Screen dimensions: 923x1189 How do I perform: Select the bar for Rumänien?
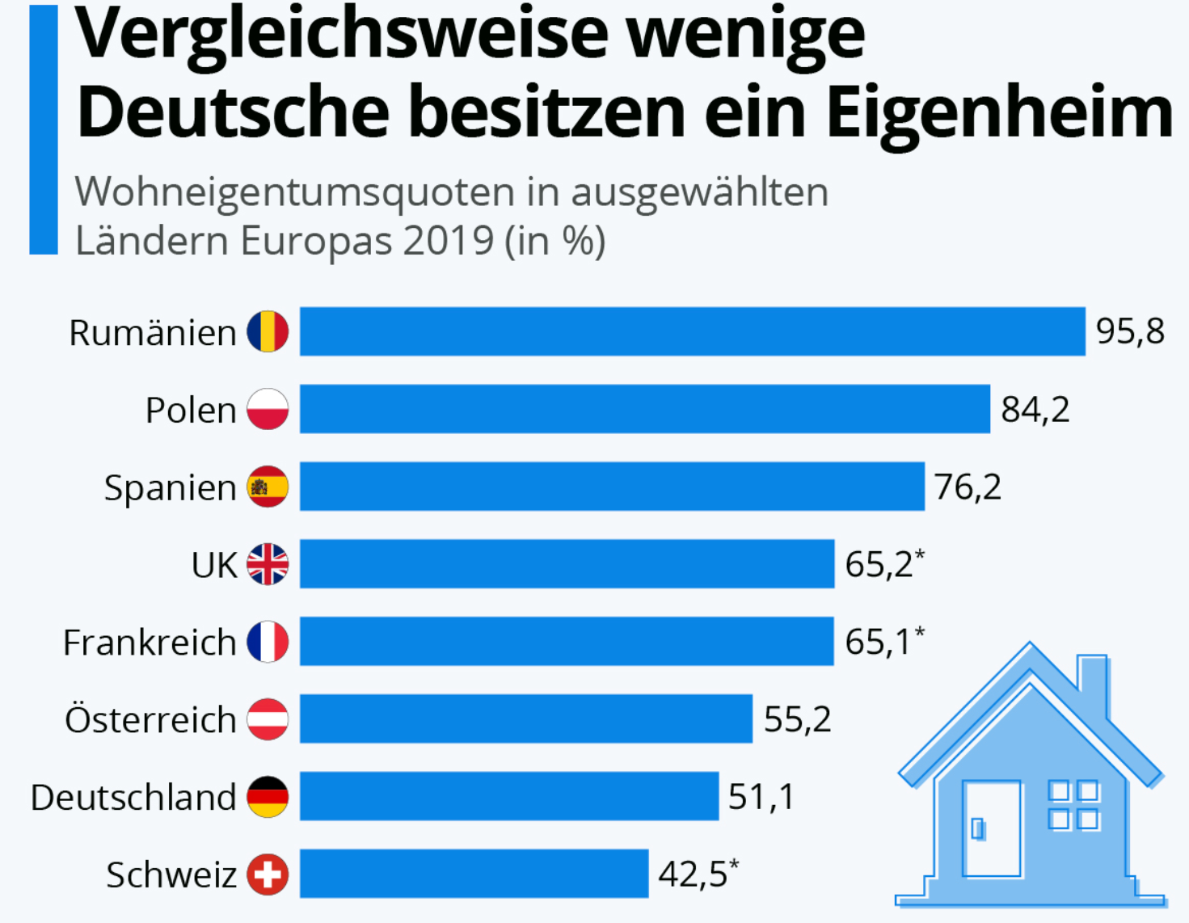[x=692, y=331]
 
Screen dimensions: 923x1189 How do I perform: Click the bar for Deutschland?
[x=509, y=796]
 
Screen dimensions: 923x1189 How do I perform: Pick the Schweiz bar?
[x=474, y=874]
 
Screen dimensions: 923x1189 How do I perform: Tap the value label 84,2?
[x=1035, y=409]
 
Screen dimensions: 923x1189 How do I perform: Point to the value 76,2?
[x=968, y=487]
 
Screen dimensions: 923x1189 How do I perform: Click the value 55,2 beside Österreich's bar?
[x=797, y=719]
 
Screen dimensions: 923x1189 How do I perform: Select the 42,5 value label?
[x=694, y=874]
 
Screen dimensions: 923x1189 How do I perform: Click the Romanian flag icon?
[x=268, y=331]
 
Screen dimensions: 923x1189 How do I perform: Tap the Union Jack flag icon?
[x=268, y=564]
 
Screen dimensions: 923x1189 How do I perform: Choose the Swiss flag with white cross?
[x=268, y=875]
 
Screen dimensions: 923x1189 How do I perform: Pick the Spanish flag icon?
[x=268, y=487]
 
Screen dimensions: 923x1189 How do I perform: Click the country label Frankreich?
[x=150, y=643]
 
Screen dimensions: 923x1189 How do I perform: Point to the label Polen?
[x=191, y=410]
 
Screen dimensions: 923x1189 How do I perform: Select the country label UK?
[x=214, y=565]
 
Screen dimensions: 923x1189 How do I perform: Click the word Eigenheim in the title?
[x=999, y=112]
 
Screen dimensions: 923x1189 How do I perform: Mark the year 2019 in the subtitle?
[x=449, y=240]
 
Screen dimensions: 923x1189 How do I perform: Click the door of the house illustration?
[x=992, y=828]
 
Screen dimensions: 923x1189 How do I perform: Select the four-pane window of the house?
[x=1073, y=805]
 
